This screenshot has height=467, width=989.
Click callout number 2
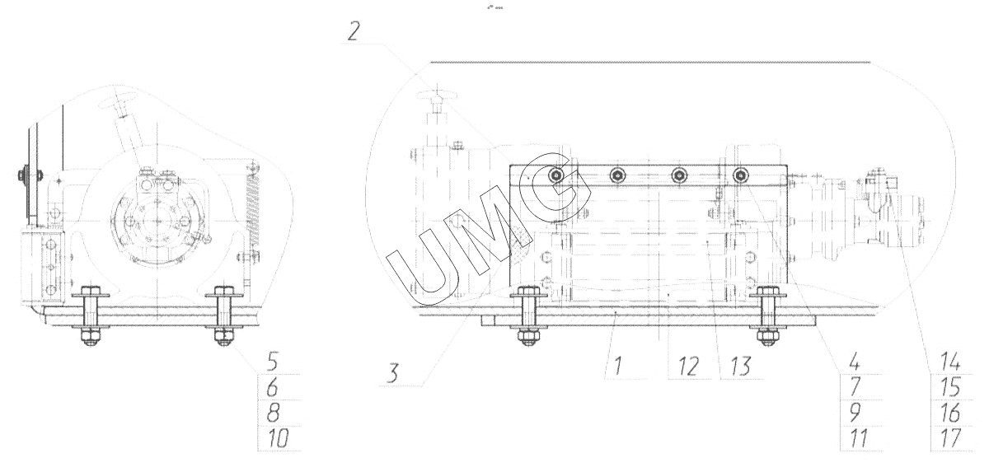pyautogui.click(x=354, y=31)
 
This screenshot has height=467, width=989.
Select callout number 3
pyautogui.click(x=392, y=372)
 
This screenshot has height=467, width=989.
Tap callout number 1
pyautogui.click(x=618, y=366)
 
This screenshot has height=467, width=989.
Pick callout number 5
pyautogui.click(x=273, y=362)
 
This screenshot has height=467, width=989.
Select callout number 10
pyautogui.click(x=279, y=438)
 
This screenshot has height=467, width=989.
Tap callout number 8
pyautogui.click(x=273, y=413)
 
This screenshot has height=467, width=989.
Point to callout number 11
pyautogui.click(x=858, y=438)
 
